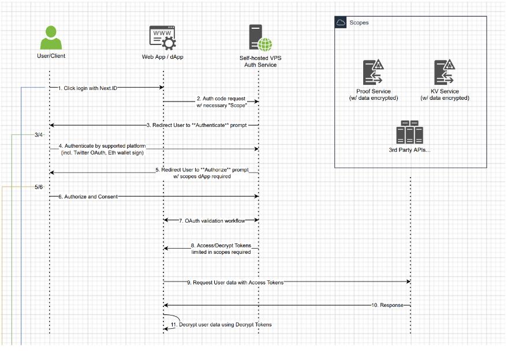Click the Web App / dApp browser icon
coord(163,37)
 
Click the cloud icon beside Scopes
coord(341,22)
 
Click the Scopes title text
coord(359,23)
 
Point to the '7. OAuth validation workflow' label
coord(211,220)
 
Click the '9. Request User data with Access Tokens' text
coord(235,282)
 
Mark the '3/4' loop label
coord(39,135)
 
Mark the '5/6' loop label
coord(39,187)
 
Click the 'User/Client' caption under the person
coord(50,56)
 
